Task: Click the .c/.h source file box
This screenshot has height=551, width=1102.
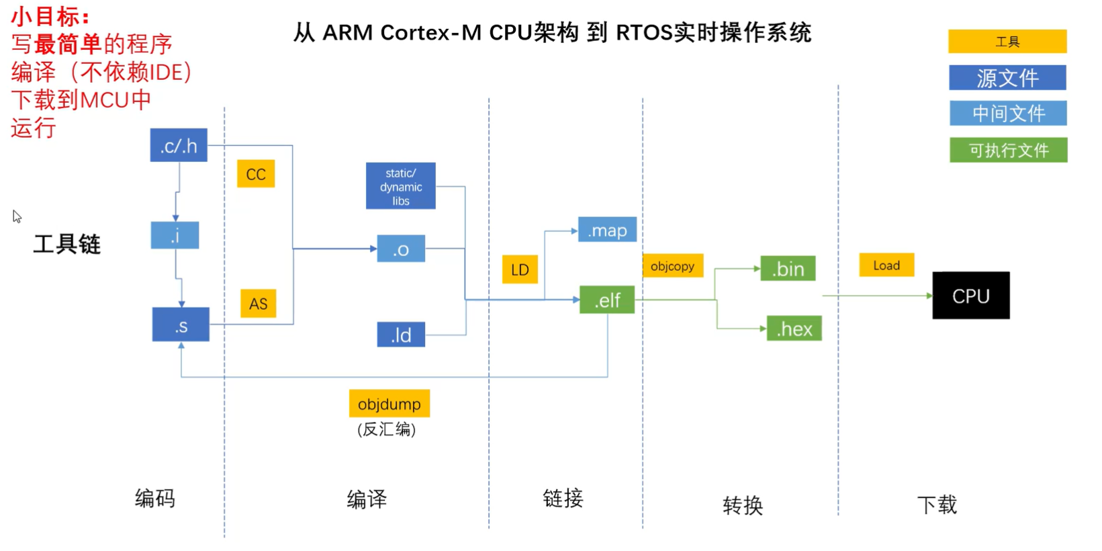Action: click(179, 145)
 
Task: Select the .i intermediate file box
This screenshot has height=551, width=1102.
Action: click(175, 235)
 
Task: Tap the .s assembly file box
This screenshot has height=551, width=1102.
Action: click(181, 325)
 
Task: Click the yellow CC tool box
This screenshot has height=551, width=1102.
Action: click(256, 174)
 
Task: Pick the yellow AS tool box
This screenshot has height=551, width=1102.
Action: click(259, 304)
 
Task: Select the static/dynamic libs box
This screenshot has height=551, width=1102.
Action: click(401, 186)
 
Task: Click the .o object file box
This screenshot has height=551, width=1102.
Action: click(401, 249)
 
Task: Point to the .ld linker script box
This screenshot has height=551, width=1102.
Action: click(401, 335)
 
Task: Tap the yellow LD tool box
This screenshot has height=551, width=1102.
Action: click(520, 269)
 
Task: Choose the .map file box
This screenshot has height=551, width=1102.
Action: click(607, 230)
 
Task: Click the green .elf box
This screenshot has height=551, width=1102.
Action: click(607, 300)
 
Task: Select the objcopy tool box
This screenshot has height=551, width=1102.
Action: click(673, 266)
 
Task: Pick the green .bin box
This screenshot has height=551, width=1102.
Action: click(788, 269)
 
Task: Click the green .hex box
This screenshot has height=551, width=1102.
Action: click(794, 329)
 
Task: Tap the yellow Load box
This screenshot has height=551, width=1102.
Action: click(886, 265)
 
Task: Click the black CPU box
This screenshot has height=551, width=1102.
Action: click(971, 296)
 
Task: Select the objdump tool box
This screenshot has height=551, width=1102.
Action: click(389, 404)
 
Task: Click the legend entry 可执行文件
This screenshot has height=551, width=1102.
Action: click(1008, 150)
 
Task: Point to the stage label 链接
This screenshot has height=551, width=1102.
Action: click(563, 499)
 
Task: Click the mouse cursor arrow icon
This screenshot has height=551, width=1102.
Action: click(17, 216)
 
